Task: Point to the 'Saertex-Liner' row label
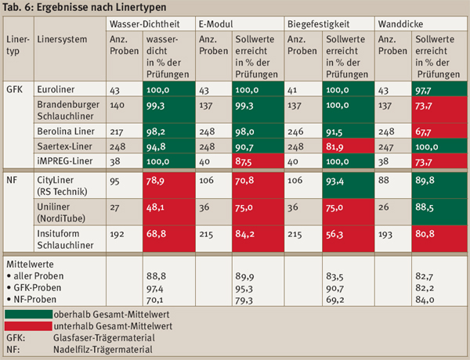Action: point(65,146)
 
